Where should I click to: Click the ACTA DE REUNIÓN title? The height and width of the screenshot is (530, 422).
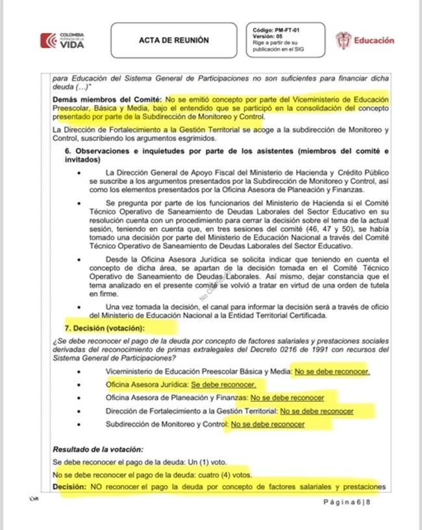[174, 40]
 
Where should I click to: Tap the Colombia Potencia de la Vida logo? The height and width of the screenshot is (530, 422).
[62, 40]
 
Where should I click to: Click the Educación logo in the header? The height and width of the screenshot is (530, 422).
[365, 40]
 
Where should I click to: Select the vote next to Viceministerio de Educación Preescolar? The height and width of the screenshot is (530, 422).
[332, 372]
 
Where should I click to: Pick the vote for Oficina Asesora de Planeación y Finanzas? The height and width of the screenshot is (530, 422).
[287, 397]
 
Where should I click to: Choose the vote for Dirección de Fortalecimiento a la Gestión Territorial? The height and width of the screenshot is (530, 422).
[316, 411]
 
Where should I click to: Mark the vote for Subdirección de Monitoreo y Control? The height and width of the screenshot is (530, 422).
[268, 424]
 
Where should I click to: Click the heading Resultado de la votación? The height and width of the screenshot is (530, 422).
[98, 449]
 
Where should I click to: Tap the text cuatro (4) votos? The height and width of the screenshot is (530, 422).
[216, 474]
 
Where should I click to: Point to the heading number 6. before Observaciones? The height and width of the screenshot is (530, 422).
[68, 151]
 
